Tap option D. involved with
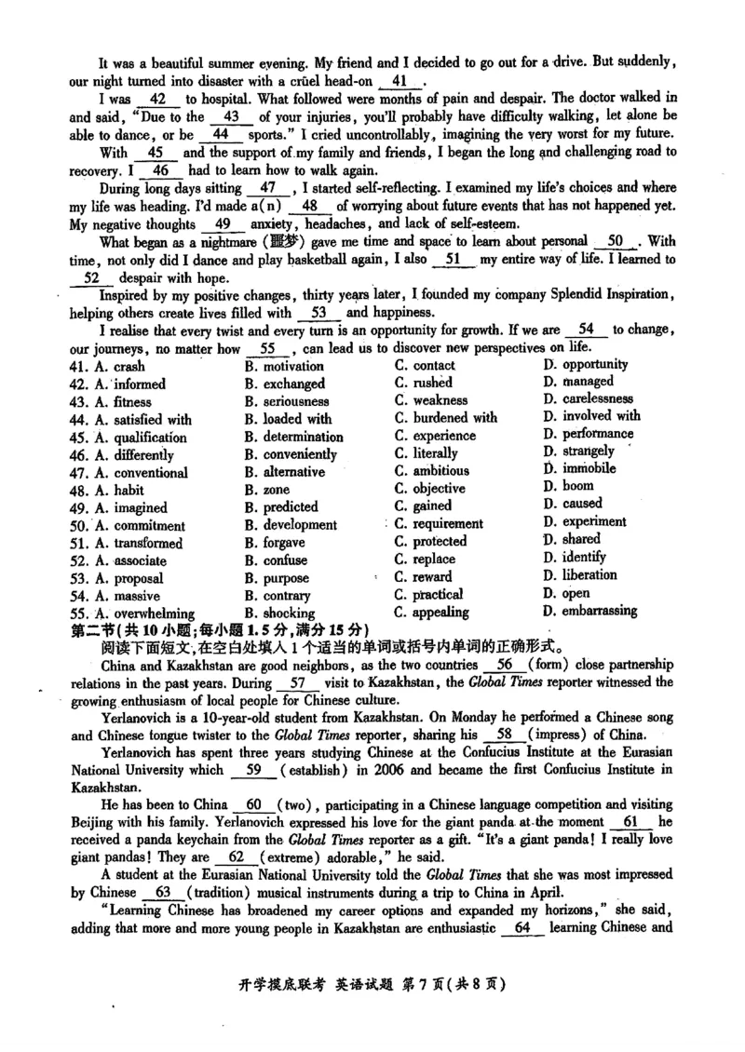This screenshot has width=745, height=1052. tap(591, 416)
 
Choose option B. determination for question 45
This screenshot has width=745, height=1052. tap(293, 437)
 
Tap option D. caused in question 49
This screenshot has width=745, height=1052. tap(573, 504)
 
